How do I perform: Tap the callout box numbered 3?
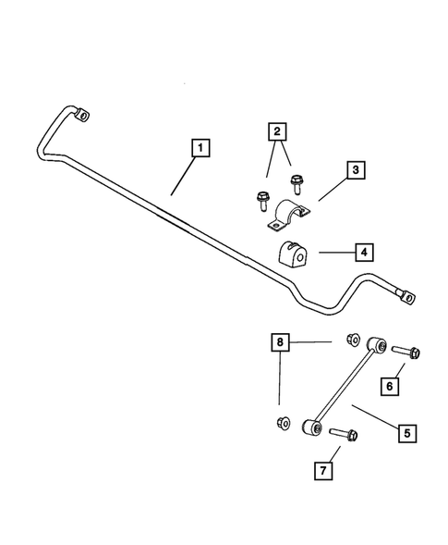tap(355, 170)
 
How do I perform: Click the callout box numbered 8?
tap(280, 341)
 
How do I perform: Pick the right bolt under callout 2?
tap(296, 182)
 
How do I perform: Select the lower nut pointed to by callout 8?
tap(283, 423)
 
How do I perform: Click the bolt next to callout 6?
tap(407, 352)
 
